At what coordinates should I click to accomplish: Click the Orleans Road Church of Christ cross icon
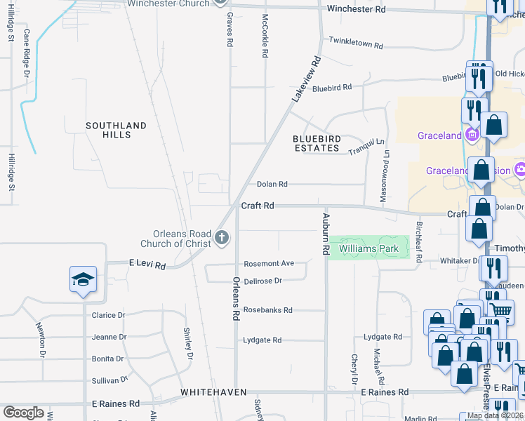pyautogui.click(x=222, y=238)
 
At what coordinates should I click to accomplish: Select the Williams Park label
pyautogui.click(x=368, y=248)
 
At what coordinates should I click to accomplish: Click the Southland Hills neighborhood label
pyautogui.click(x=117, y=130)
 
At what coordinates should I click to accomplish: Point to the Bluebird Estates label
pyautogui.click(x=317, y=144)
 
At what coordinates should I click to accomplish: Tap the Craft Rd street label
pyautogui.click(x=258, y=206)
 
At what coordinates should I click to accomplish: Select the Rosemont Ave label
pyautogui.click(x=269, y=264)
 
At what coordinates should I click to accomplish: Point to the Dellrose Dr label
pyautogui.click(x=262, y=281)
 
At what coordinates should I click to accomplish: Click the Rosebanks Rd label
pyautogui.click(x=267, y=309)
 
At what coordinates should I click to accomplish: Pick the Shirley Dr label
pyautogui.click(x=188, y=344)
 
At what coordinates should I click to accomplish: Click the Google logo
pyautogui.click(x=23, y=413)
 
